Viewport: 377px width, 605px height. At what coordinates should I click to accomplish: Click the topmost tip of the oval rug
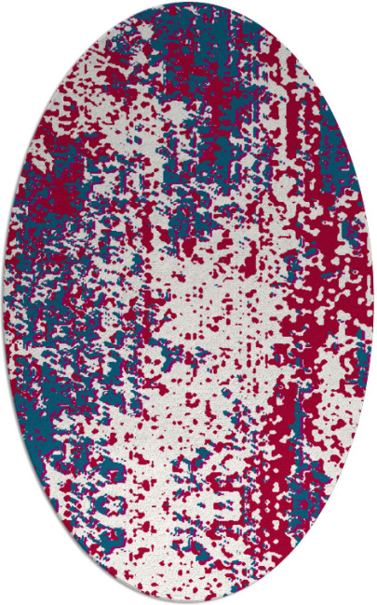188,3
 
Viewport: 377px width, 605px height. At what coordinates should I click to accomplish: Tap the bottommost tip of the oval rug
188,602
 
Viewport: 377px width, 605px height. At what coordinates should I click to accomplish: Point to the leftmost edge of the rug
4,302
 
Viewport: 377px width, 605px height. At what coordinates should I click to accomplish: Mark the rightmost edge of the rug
373,302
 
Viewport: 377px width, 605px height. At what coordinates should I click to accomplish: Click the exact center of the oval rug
188,302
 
